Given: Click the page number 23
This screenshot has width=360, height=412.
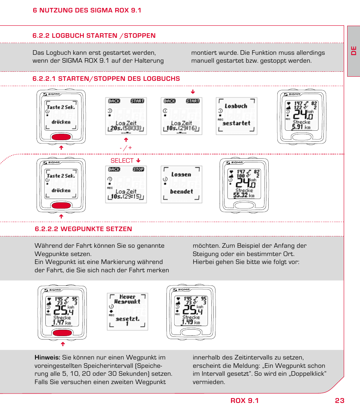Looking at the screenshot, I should tap(339, 401).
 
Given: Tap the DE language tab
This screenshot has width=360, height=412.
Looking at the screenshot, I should tap(354, 51).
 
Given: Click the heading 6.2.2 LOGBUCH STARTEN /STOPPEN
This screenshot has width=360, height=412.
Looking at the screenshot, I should tap(94, 35).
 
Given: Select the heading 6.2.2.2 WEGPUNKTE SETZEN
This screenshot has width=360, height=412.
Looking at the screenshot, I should tap(83, 229).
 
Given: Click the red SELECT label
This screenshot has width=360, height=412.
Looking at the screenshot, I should tap(122, 160).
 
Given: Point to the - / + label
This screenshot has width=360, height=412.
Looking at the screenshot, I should tap(126, 148).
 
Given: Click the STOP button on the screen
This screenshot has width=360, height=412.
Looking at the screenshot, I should tap(138, 170).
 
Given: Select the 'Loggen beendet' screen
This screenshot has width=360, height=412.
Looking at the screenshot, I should tap(181, 184).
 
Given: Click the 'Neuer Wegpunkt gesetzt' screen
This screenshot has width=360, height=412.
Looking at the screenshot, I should tap(127, 311).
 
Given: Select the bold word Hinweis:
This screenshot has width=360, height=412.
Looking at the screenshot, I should tap(48, 357).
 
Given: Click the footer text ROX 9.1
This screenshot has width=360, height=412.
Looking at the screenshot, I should tap(245, 401).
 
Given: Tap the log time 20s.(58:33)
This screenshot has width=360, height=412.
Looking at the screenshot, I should tap(126, 128).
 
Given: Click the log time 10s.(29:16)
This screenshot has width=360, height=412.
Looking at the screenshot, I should tap(181, 128).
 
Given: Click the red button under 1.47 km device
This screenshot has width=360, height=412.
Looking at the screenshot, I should tap(62, 333).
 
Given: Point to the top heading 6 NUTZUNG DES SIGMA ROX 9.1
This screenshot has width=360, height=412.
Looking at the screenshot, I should tap(87, 10).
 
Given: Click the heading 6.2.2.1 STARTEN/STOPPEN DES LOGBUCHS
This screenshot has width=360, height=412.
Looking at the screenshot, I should tap(106, 79).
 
